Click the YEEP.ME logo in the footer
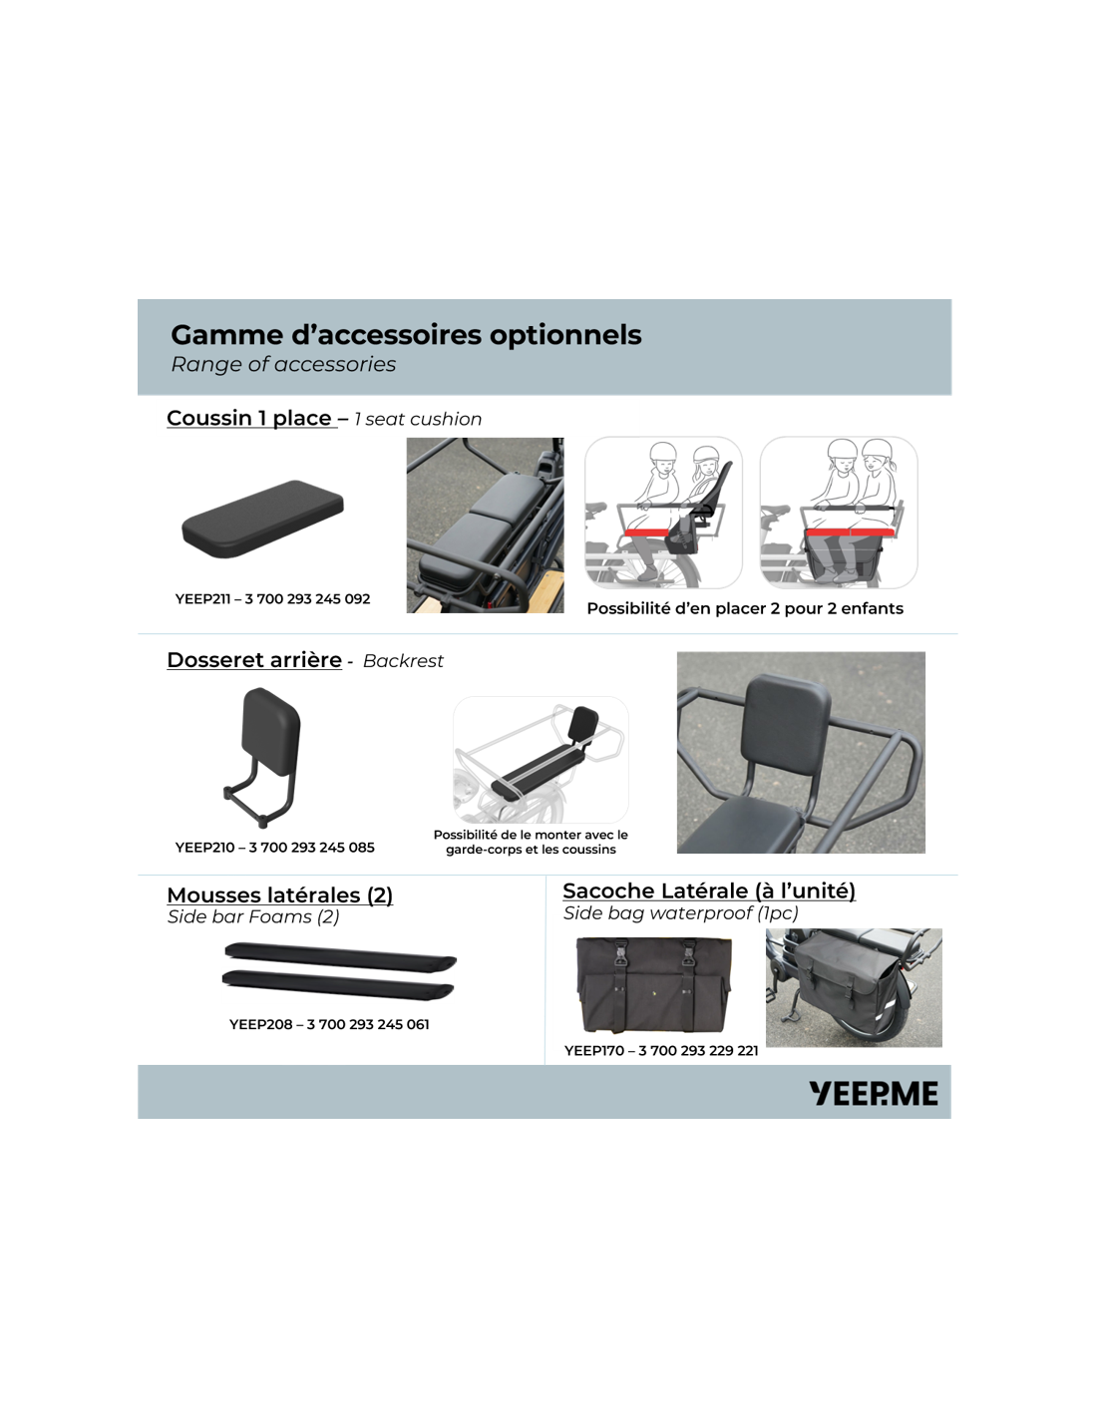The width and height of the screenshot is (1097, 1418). point(873,1093)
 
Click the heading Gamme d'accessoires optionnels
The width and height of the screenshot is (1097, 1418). point(406,335)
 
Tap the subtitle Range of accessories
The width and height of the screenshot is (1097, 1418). point(283,364)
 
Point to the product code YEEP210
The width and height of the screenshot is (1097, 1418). point(204,848)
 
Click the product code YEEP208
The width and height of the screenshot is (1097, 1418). point(260,1024)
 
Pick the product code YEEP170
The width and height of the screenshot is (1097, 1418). point(593,1051)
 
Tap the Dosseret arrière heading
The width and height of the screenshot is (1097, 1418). point(254,660)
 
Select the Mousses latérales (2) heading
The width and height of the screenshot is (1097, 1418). point(280,895)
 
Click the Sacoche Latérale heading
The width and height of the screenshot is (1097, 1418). point(709,890)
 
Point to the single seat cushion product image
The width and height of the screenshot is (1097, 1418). point(262,520)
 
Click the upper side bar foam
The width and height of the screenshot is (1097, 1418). point(340,957)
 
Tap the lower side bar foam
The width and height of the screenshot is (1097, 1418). point(337,985)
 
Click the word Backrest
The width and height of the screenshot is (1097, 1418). point(403,661)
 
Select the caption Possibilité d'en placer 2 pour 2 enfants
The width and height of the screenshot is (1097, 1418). point(745,609)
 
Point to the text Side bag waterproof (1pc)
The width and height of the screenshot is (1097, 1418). point(681,913)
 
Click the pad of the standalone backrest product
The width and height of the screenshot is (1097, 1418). point(270,731)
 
